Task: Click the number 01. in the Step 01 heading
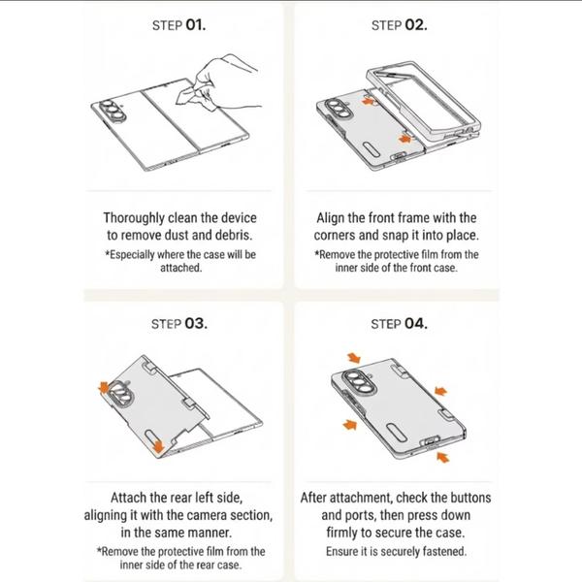point(196,25)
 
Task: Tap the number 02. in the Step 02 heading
point(416,25)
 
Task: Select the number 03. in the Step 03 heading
point(196,324)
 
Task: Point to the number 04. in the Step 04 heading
point(416,324)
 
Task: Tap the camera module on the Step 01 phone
point(113,111)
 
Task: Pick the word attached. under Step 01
point(181,268)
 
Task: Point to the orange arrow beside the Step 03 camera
point(105,388)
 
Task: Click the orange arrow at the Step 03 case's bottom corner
point(158,445)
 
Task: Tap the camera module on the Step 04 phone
point(359,383)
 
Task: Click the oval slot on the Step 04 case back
point(397,433)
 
